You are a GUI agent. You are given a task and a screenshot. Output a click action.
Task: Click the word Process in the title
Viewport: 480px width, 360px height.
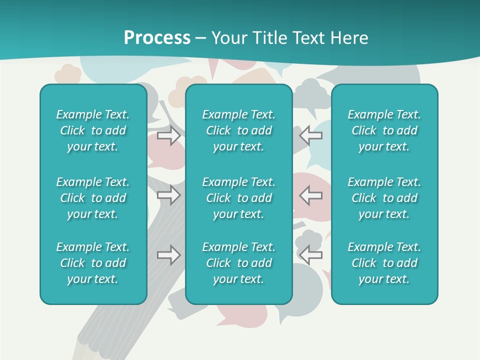coord(157,38)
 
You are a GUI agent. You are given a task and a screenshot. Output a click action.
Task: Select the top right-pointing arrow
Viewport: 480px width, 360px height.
coord(169,135)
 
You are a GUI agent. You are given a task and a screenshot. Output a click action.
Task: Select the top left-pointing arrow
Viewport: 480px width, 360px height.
coord(310,135)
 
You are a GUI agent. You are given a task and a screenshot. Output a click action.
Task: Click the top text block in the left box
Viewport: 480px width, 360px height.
coord(93,130)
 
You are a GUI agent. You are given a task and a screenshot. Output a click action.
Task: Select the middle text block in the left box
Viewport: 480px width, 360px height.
coord(93,198)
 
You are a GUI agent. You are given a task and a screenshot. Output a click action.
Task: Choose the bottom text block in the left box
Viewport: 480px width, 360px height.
coord(93,263)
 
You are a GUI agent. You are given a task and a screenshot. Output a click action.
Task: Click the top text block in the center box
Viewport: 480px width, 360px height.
coord(239,130)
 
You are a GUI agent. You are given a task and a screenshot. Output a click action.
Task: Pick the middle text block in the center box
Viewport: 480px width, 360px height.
coord(239,198)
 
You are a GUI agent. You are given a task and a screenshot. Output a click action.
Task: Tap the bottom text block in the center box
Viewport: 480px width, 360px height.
coord(239,263)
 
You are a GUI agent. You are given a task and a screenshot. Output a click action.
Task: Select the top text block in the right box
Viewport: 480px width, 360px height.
coord(384,130)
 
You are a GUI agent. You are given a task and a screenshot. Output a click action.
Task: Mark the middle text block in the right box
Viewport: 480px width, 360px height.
coord(384,198)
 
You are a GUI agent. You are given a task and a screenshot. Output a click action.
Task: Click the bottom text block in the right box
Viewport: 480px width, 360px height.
coord(384,263)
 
